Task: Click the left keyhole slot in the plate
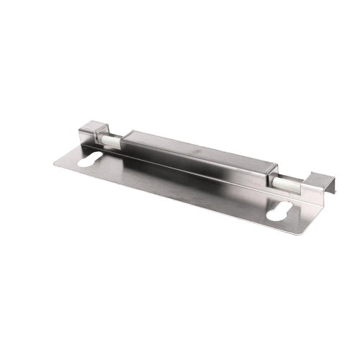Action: pos(94,161)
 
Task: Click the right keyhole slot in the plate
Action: pos(277,213)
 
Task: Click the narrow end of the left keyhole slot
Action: pos(104,158)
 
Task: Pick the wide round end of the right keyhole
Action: pos(271,216)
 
